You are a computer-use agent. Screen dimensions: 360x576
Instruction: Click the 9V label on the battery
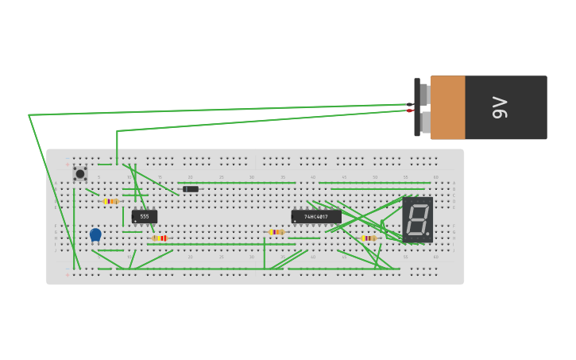[x=500, y=107]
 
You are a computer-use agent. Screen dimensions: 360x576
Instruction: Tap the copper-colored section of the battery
[x=447, y=107]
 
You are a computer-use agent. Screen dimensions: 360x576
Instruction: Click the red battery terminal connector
[x=410, y=110]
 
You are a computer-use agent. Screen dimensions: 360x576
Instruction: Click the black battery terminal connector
[x=410, y=104]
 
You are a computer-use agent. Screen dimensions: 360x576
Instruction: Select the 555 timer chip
[x=145, y=216]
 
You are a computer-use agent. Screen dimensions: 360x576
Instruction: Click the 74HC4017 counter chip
[x=316, y=216]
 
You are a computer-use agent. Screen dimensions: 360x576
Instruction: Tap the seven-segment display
[x=417, y=219]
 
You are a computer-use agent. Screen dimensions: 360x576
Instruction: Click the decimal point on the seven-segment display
[x=427, y=234]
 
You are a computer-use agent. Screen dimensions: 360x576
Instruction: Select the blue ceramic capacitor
[x=95, y=234]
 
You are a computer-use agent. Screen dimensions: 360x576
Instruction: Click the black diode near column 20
[x=191, y=189]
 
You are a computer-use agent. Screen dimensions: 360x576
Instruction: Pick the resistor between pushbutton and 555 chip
[x=110, y=201]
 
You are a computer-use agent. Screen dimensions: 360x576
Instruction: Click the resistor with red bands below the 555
[x=160, y=238]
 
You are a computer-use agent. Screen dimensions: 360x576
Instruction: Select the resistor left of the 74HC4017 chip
[x=276, y=232]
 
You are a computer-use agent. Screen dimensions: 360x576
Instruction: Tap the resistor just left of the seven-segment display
[x=368, y=238]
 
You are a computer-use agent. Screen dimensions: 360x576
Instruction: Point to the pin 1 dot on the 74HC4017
[x=295, y=221]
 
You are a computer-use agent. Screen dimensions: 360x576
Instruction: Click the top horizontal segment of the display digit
[x=419, y=205]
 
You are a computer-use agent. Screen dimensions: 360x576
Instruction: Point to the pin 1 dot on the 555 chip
[x=135, y=221]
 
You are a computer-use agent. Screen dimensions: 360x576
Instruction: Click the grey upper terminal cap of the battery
[x=424, y=95]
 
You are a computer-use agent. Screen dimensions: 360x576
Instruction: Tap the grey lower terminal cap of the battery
[x=425, y=122]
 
